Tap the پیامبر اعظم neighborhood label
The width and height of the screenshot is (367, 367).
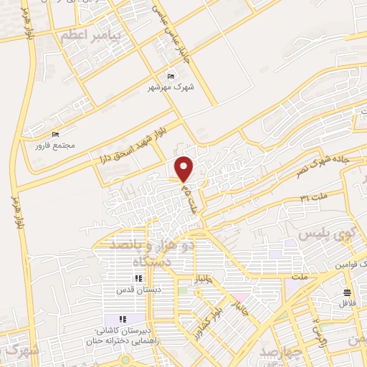pos(92,34)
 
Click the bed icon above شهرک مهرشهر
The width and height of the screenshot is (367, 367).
pos(170,76)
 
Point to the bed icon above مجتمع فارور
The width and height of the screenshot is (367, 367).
pos(55,134)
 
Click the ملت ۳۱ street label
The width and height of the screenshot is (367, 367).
pos(313,196)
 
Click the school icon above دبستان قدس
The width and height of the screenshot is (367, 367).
pos(138,279)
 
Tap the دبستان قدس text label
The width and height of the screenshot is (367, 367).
pos(138,290)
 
